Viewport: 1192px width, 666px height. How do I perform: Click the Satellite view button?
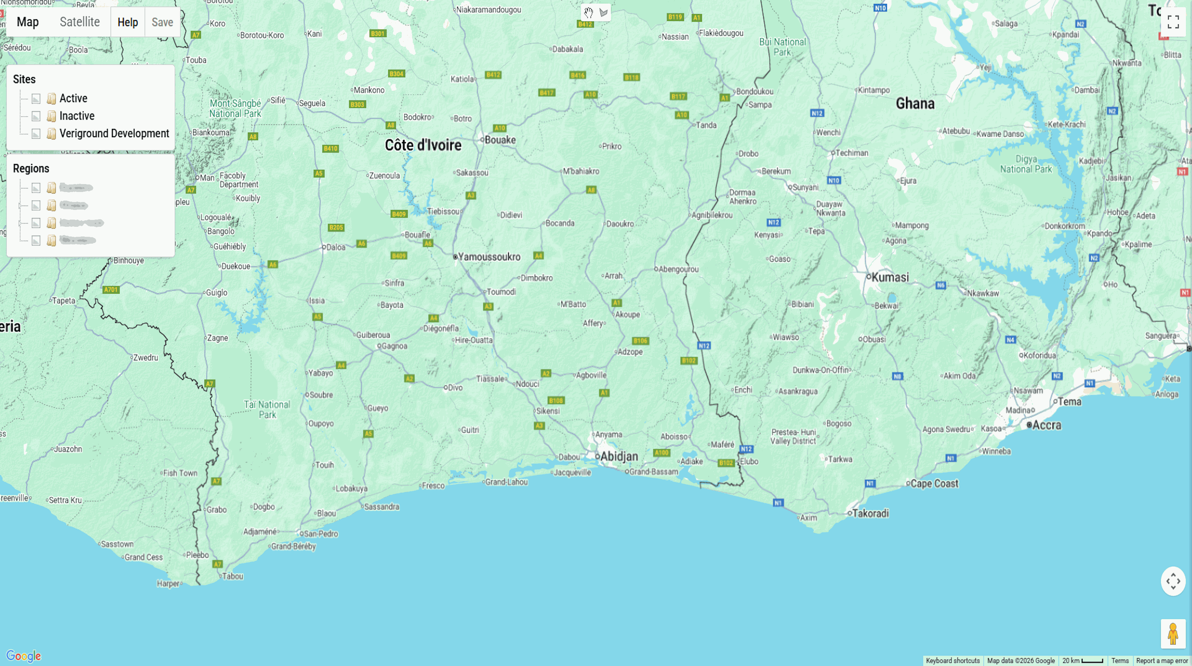point(80,22)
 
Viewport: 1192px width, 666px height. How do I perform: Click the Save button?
point(162,22)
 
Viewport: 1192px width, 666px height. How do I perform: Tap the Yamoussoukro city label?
point(489,257)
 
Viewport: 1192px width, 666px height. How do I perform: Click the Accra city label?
point(1046,425)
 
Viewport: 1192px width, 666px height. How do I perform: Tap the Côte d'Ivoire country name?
point(423,145)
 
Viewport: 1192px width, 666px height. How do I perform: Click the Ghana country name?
point(915,103)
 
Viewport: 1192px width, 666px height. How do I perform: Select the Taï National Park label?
point(267,409)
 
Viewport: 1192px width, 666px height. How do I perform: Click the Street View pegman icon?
point(1173,634)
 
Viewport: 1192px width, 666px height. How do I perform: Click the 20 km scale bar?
point(1082,661)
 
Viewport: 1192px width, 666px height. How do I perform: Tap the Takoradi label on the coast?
point(870,513)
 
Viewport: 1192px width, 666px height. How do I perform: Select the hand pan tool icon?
point(588,13)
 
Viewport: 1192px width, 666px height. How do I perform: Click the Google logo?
point(24,656)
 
